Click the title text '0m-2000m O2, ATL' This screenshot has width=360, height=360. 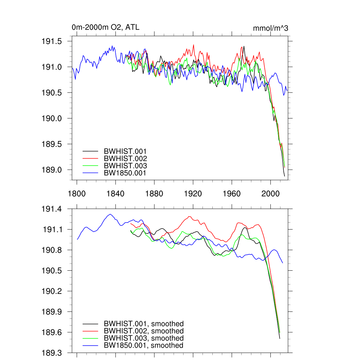(x=105, y=27)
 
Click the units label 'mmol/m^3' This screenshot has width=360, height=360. (x=270, y=28)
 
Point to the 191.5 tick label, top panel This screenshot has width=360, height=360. (x=52, y=41)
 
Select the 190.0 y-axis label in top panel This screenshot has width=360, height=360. (x=52, y=118)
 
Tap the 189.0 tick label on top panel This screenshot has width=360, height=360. (x=52, y=170)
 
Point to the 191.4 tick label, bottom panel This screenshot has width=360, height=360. (x=52, y=209)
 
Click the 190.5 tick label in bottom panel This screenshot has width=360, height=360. (x=52, y=271)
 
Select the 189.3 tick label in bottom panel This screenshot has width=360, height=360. (x=52, y=353)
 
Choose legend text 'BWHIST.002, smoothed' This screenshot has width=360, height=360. (x=143, y=331)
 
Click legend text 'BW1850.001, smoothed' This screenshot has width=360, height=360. (x=143, y=346)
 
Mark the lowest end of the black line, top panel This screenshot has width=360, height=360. (x=284, y=176)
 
